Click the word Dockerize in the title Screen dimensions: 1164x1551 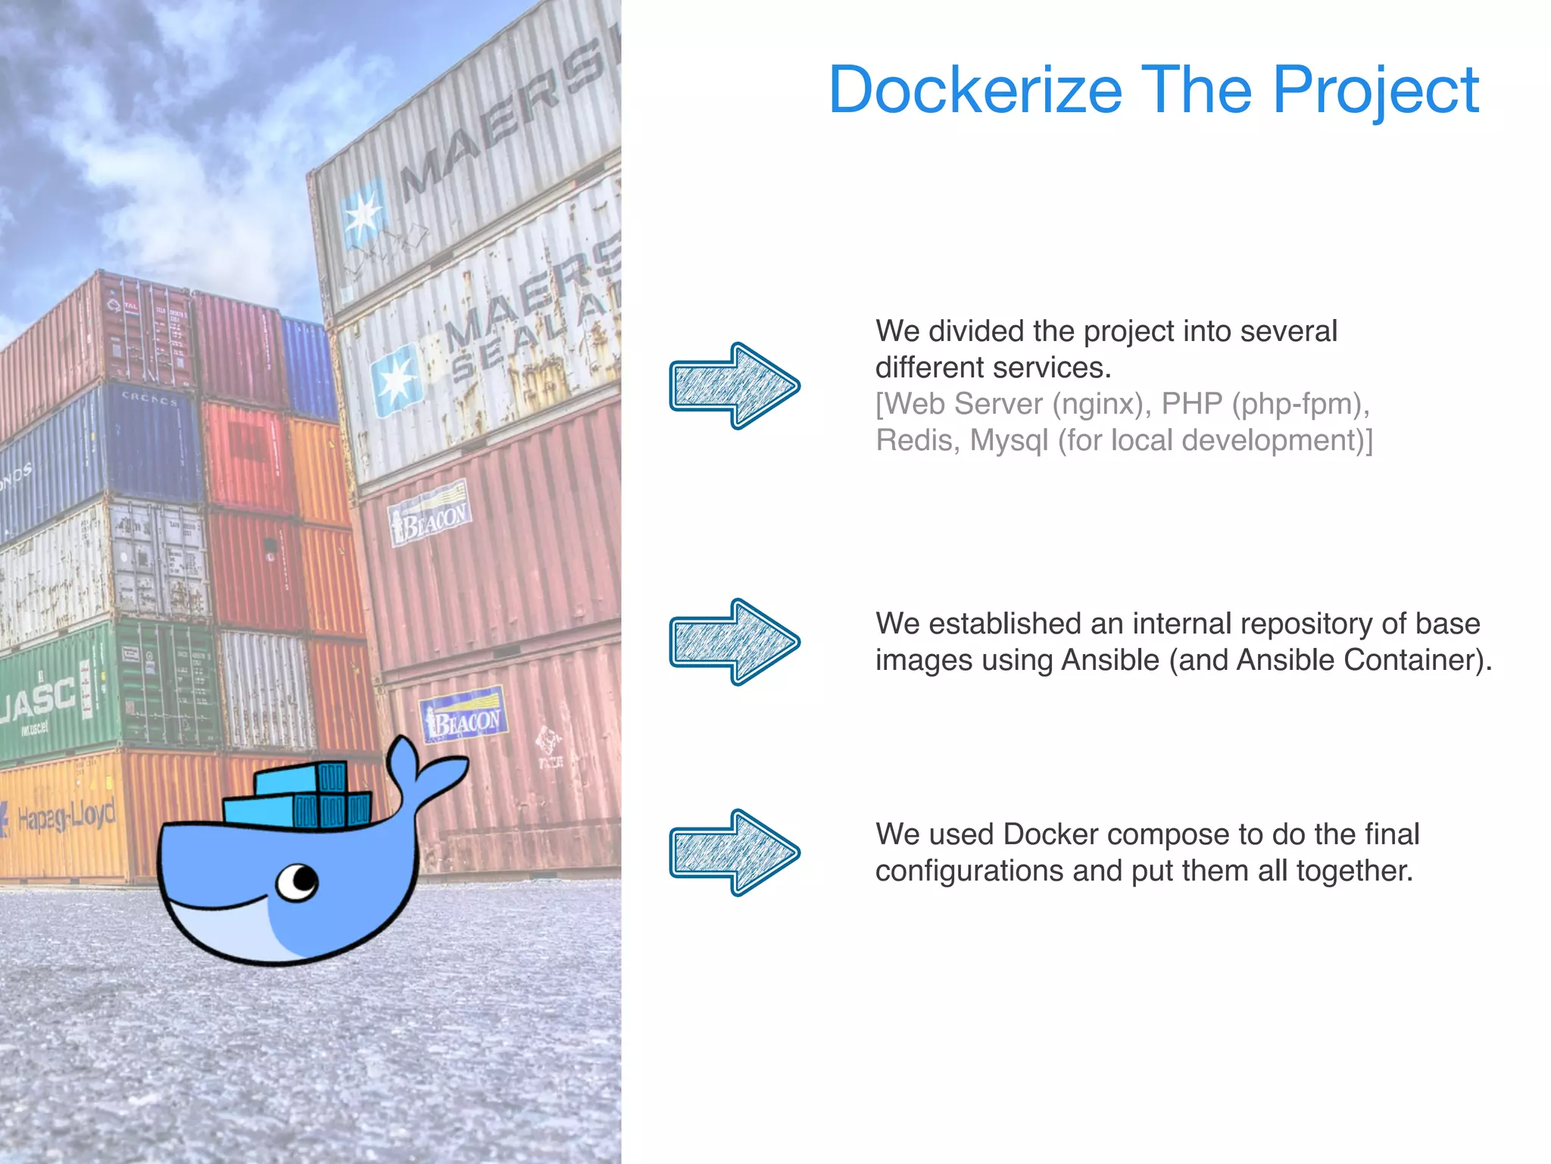[975, 90]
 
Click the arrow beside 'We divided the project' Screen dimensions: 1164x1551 [734, 386]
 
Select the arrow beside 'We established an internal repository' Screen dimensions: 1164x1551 [734, 642]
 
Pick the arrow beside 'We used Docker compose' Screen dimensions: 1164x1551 [734, 853]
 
